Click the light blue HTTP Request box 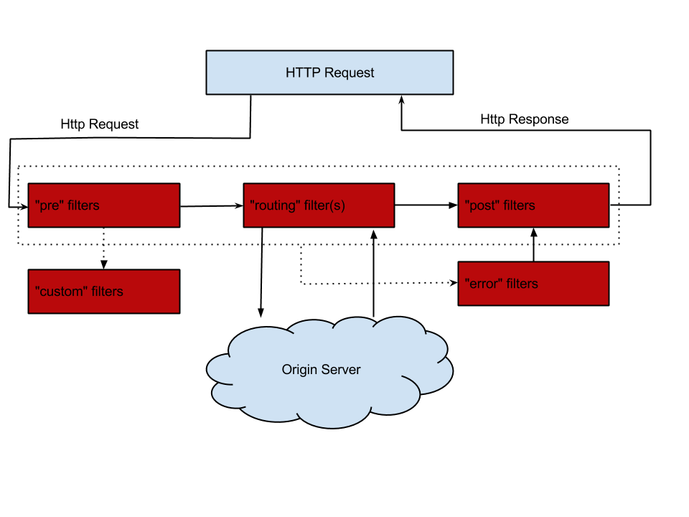click(x=329, y=72)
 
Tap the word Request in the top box click(x=349, y=73)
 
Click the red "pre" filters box click(x=103, y=205)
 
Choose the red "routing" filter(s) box click(x=319, y=205)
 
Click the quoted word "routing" click(x=273, y=206)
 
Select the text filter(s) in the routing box click(x=323, y=206)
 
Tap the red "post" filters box click(x=533, y=205)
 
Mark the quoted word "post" click(x=482, y=206)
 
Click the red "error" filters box click(x=533, y=284)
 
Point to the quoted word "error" click(x=484, y=284)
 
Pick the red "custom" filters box click(x=103, y=292)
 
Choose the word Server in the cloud click(x=340, y=370)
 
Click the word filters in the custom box click(x=107, y=292)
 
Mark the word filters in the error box click(x=522, y=284)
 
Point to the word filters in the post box click(x=519, y=206)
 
